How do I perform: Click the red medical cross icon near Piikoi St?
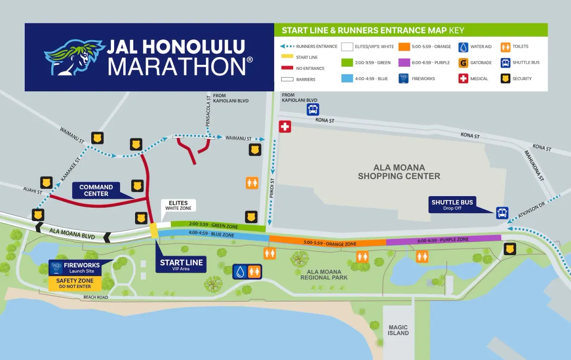click(x=285, y=127)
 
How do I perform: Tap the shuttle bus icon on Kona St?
click(x=313, y=110)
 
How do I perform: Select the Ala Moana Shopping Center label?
click(x=399, y=172)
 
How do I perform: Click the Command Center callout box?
click(x=96, y=190)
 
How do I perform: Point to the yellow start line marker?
click(x=154, y=230)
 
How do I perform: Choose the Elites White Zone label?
click(x=178, y=206)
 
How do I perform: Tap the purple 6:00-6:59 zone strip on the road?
click(x=443, y=240)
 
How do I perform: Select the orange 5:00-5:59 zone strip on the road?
click(x=328, y=243)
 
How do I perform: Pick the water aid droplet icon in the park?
click(x=240, y=271)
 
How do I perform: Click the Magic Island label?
click(x=398, y=330)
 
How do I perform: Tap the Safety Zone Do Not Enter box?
click(x=75, y=284)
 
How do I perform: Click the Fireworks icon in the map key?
click(x=404, y=79)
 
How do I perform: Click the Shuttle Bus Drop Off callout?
click(x=452, y=205)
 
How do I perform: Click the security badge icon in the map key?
click(x=505, y=79)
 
